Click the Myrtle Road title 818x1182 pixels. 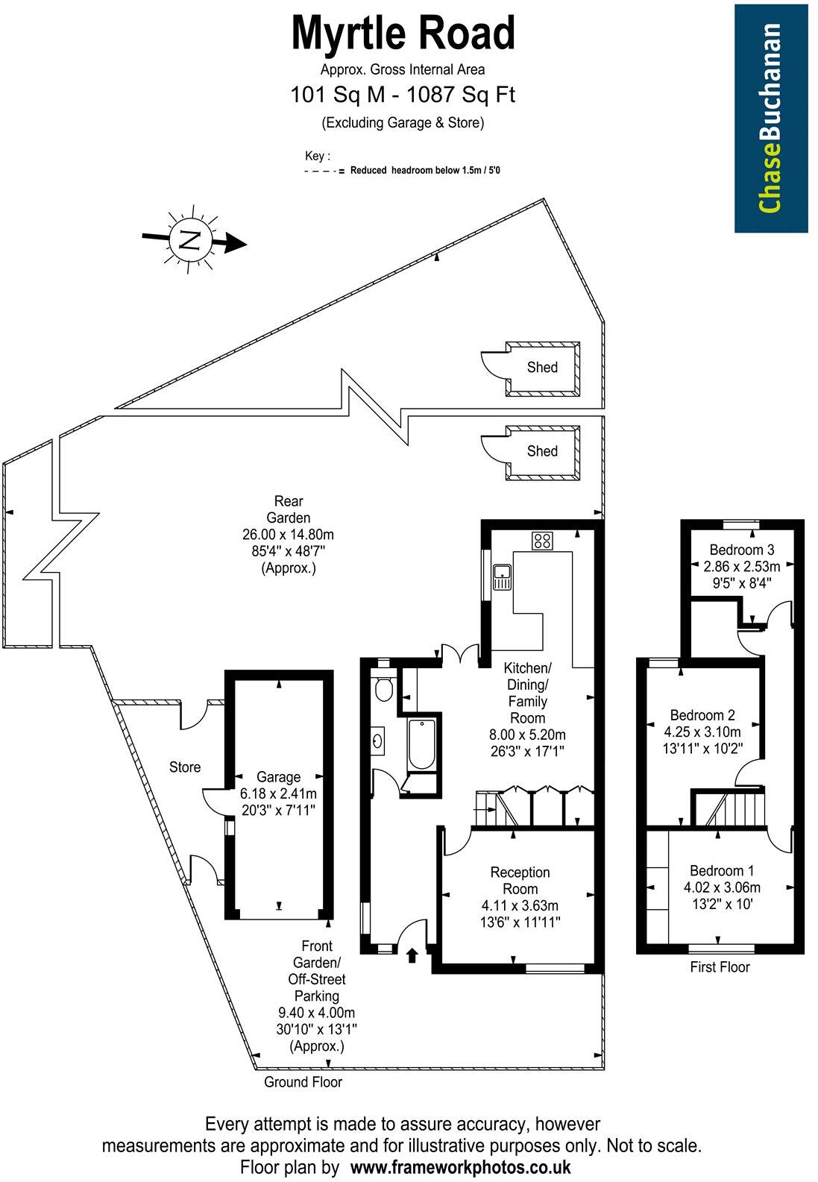pos(403,33)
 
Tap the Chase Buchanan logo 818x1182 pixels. pos(771,118)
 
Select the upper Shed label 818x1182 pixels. pos(542,367)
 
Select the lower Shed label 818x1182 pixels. pos(542,451)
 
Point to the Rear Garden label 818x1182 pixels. pos(288,509)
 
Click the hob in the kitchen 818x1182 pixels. pos(542,541)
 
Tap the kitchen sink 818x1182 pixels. pos(502,576)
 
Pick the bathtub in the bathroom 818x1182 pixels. pos(421,744)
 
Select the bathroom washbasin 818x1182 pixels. pos(378,741)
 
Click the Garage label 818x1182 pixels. pos(278,777)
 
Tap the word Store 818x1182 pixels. pos(185,767)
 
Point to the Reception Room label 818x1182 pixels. pos(520,881)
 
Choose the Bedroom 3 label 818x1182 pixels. pos(741,550)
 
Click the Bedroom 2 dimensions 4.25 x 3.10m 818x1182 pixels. pos(702,732)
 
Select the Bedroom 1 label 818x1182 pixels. pos(721,871)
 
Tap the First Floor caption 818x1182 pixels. pos(720,967)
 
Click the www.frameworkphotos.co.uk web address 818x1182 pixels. pos(461,1166)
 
